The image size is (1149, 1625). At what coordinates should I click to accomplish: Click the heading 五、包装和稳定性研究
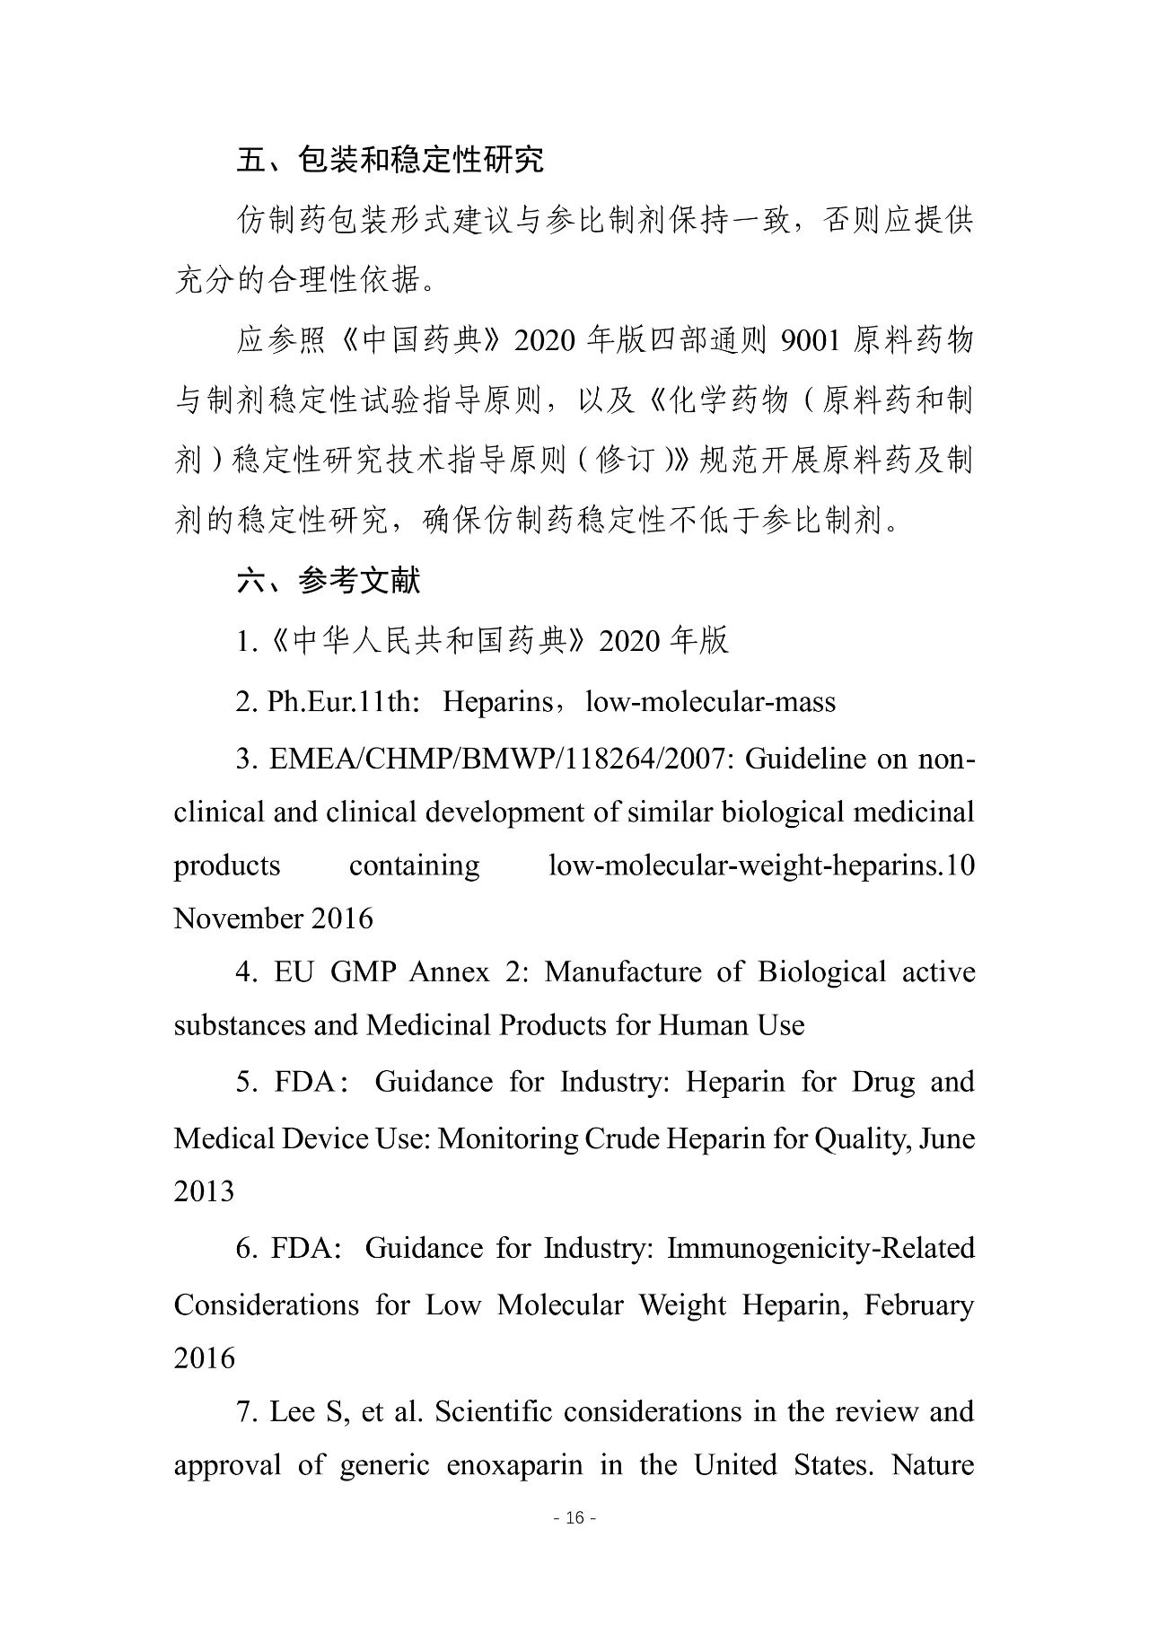pos(390,160)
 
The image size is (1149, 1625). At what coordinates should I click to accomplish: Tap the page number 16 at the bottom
pos(575,1517)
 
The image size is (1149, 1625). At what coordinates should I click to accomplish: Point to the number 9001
pos(811,341)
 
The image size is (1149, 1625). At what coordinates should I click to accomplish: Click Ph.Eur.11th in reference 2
pos(343,701)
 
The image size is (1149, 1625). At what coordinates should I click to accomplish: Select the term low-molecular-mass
pos(710,701)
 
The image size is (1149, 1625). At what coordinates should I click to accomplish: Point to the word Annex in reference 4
pos(449,971)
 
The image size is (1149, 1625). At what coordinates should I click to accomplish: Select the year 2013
pos(204,1191)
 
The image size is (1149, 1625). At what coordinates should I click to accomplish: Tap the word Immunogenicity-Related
pos(820,1248)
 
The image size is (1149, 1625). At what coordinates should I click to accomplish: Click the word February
pos(919,1304)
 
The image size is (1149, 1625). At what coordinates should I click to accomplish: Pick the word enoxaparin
pos(514,1465)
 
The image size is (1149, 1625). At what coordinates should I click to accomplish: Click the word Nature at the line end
pos(933,1465)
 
